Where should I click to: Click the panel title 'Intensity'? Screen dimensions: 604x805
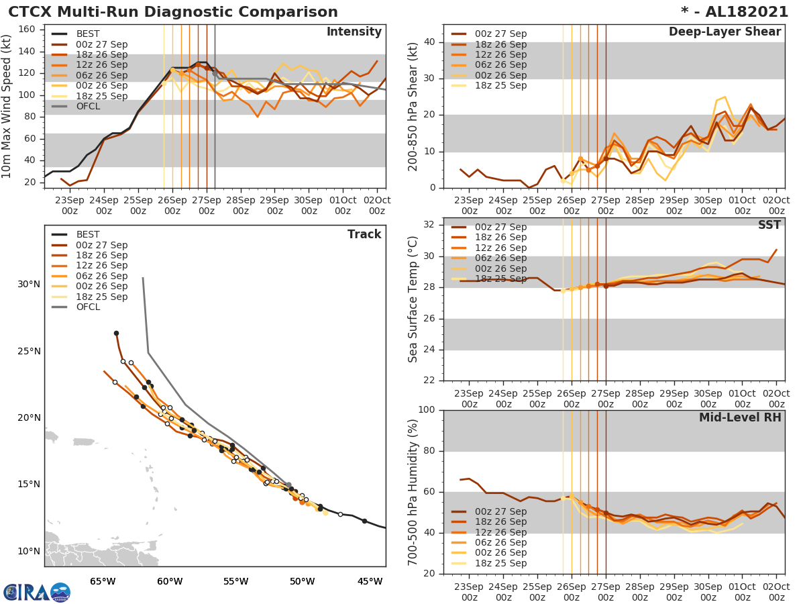tap(354, 32)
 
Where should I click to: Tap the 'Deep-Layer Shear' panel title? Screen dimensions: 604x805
tap(724, 32)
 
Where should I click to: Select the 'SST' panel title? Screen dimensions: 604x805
tap(769, 225)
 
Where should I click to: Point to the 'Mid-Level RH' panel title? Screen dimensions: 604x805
tap(740, 417)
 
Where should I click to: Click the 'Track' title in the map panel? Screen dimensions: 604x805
tap(364, 234)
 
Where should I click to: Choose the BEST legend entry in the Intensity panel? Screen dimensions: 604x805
tap(88, 34)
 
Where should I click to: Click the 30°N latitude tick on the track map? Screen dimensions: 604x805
tap(29, 285)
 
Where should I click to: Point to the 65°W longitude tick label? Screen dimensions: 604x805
tap(103, 581)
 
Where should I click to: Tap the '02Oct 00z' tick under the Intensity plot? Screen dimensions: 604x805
tap(377, 205)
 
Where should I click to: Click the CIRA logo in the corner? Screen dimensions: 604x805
tap(36, 592)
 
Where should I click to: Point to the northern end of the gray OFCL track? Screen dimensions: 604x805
tap(143, 278)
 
